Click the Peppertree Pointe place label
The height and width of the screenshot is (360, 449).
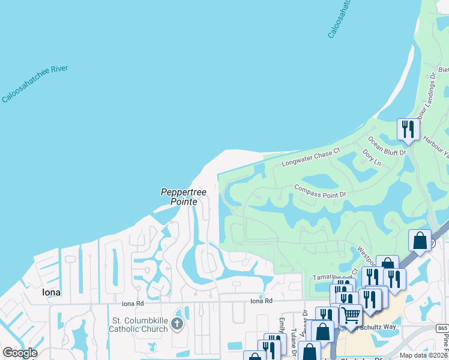click(x=184, y=197)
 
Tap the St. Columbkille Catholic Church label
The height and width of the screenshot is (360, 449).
click(x=139, y=325)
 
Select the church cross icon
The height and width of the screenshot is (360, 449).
click(x=176, y=325)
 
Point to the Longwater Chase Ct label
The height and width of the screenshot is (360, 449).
click(x=311, y=157)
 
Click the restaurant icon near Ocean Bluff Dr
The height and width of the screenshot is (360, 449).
click(x=408, y=129)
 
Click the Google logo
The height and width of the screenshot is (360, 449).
click(x=20, y=353)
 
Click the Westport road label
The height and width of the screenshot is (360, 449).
click(x=366, y=256)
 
